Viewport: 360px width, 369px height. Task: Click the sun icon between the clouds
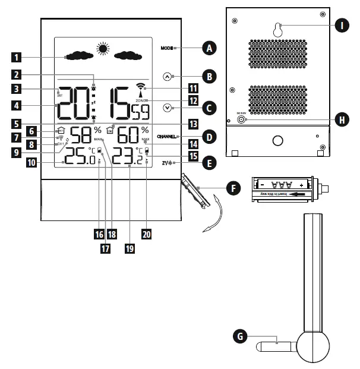[105, 50]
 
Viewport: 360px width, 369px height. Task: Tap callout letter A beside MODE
[207, 48]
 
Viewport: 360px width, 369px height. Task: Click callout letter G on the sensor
[240, 336]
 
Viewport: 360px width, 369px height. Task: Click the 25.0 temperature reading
[79, 157]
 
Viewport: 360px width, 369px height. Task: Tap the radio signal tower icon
[140, 87]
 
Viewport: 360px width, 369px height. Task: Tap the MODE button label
[166, 48]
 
